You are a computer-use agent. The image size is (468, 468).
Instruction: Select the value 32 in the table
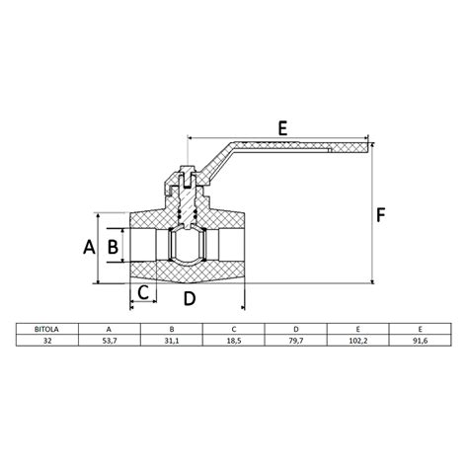tap(47, 339)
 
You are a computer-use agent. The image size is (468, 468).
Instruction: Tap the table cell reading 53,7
tap(110, 339)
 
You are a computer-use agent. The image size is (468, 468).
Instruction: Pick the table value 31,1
tap(172, 339)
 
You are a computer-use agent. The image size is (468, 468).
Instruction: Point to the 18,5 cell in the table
tap(234, 339)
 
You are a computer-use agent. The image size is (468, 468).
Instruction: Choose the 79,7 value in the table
tap(296, 339)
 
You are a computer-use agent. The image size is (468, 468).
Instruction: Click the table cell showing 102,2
tap(358, 339)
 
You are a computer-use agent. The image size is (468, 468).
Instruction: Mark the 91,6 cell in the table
tap(421, 339)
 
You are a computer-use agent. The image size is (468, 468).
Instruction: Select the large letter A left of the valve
tap(88, 246)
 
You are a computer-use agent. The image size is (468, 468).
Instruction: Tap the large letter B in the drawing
tap(113, 246)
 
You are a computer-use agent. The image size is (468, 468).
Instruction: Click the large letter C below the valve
tap(143, 292)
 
